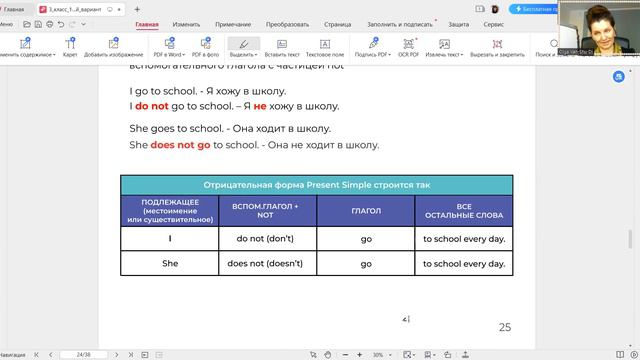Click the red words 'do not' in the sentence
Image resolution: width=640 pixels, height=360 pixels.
152,106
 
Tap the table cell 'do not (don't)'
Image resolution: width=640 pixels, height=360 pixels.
265,240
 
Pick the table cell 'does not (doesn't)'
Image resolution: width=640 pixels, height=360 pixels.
265,264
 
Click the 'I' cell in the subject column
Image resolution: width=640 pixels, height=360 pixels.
170,240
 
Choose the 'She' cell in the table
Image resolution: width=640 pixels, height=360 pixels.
170,264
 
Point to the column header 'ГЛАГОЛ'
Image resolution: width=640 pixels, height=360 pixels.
366,211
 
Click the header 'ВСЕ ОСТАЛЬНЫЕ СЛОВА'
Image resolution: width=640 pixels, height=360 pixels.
464,211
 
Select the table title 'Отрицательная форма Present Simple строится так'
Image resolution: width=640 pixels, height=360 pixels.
316,185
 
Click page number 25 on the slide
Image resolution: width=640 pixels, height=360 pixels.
504,327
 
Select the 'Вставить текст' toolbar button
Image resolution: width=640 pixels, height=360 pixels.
283,48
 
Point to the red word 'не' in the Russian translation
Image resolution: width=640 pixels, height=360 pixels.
259,106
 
